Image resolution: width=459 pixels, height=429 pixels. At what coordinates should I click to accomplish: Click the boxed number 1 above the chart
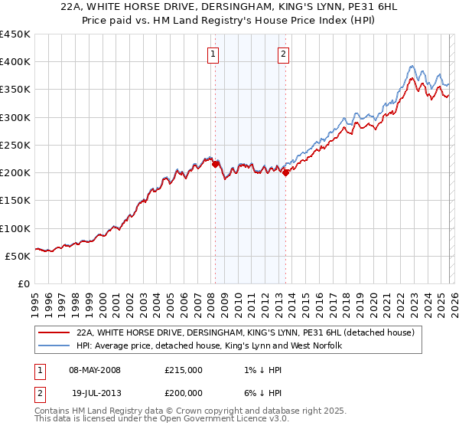(212, 54)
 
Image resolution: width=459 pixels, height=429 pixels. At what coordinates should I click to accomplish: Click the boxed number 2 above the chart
(283, 54)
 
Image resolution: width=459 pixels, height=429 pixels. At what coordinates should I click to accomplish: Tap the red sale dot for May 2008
(215, 164)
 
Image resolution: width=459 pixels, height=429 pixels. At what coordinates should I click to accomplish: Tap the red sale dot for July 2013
(285, 172)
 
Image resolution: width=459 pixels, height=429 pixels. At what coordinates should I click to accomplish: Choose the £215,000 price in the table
(184, 370)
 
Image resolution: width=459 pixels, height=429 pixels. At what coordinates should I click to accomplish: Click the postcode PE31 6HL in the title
(370, 7)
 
